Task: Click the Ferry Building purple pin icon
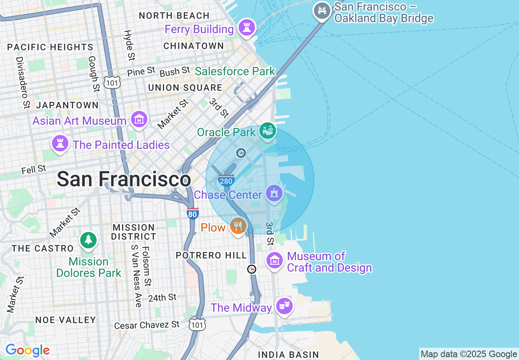point(247,28)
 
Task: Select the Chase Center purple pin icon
point(274,193)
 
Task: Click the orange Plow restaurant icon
point(238,226)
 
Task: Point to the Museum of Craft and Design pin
point(274,260)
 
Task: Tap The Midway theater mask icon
point(284,306)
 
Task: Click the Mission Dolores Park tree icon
point(88,240)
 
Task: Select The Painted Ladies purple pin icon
point(60,144)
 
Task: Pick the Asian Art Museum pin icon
point(139,119)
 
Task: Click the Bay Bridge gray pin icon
point(322,11)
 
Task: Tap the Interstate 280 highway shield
point(226,180)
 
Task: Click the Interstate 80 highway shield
point(192,213)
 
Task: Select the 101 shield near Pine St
point(111,82)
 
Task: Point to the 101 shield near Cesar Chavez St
point(197,324)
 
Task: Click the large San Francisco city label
point(124,179)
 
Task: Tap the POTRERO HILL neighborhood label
point(211,255)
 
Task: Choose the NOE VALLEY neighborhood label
point(65,320)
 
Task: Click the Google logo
point(27,350)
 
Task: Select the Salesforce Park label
point(235,71)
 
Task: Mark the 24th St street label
point(162,297)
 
